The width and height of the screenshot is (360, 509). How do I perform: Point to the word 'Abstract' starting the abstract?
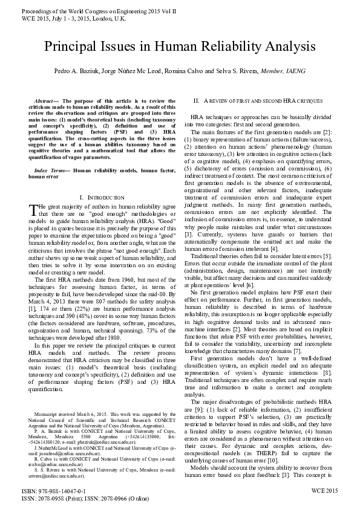coord(47,100)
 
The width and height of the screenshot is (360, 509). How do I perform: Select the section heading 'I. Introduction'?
coord(102,198)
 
